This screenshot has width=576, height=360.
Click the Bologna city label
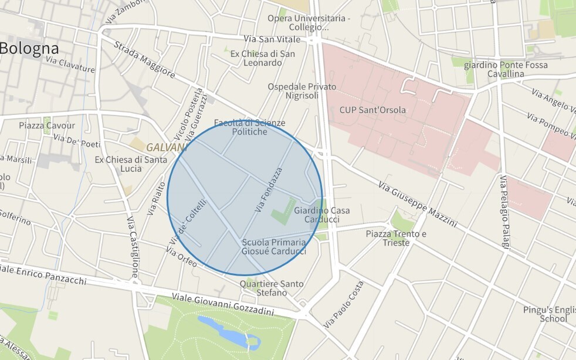29,49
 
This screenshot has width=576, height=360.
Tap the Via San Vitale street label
272,39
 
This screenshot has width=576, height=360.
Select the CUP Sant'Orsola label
372,110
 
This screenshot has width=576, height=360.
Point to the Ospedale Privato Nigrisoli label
302,91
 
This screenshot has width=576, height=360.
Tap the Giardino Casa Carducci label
322,215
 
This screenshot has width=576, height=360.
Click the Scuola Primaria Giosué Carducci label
274,247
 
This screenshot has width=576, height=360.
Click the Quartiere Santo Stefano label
272,288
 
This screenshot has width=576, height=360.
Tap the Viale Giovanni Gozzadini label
222,304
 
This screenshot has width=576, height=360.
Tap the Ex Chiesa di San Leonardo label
262,58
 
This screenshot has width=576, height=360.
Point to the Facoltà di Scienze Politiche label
249,127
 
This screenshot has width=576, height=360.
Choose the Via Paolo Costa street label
344,305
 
